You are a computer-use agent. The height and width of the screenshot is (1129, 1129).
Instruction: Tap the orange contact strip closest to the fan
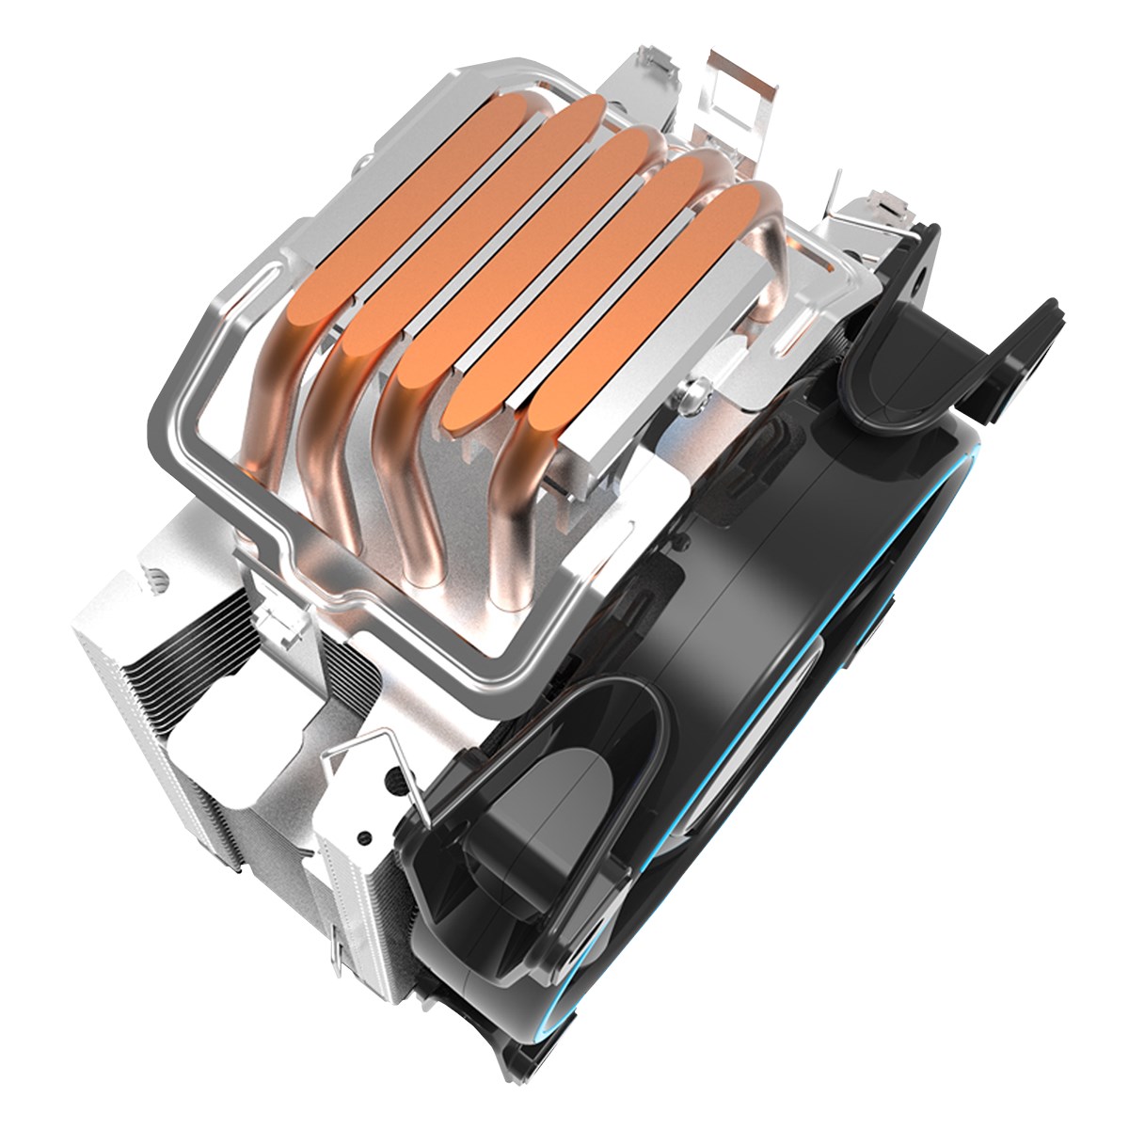pos(640,320)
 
